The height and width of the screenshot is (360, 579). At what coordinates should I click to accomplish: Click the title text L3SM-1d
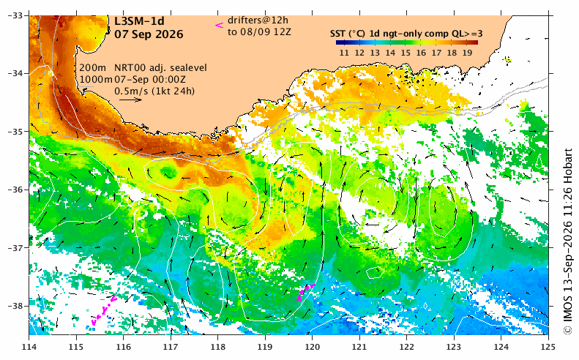[x=139, y=21]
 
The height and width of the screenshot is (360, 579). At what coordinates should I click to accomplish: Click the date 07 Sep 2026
[x=149, y=34]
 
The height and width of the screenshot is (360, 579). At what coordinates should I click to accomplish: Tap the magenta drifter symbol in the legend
[x=220, y=26]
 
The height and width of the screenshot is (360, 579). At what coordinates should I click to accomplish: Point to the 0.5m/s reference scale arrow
[x=130, y=100]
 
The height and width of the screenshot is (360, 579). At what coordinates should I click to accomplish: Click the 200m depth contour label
[x=93, y=68]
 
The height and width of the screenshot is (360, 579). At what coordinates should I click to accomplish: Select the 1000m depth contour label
[x=96, y=79]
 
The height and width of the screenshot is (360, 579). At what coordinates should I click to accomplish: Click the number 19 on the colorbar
[x=467, y=53]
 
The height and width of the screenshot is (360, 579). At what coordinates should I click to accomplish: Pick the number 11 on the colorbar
[x=344, y=53]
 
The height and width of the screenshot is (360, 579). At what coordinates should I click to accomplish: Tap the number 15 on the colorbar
[x=406, y=53]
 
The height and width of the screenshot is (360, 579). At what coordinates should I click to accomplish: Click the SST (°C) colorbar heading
[x=348, y=34]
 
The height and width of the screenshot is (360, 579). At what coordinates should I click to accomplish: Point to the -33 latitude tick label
[x=15, y=15]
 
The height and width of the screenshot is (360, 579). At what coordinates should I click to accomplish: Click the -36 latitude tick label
[x=15, y=190]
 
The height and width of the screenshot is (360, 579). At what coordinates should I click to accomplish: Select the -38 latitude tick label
[x=15, y=306]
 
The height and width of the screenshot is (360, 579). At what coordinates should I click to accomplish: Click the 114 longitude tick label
[x=29, y=347]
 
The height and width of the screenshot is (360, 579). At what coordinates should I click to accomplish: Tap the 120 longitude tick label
[x=312, y=347]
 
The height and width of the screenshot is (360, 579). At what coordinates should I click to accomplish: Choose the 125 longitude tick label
[x=548, y=347]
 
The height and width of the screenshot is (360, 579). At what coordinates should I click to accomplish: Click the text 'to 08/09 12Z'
[x=259, y=32]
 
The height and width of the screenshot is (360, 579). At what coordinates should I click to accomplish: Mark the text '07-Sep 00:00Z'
[x=150, y=79]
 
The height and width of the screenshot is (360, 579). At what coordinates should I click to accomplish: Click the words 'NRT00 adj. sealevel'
[x=160, y=68]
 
